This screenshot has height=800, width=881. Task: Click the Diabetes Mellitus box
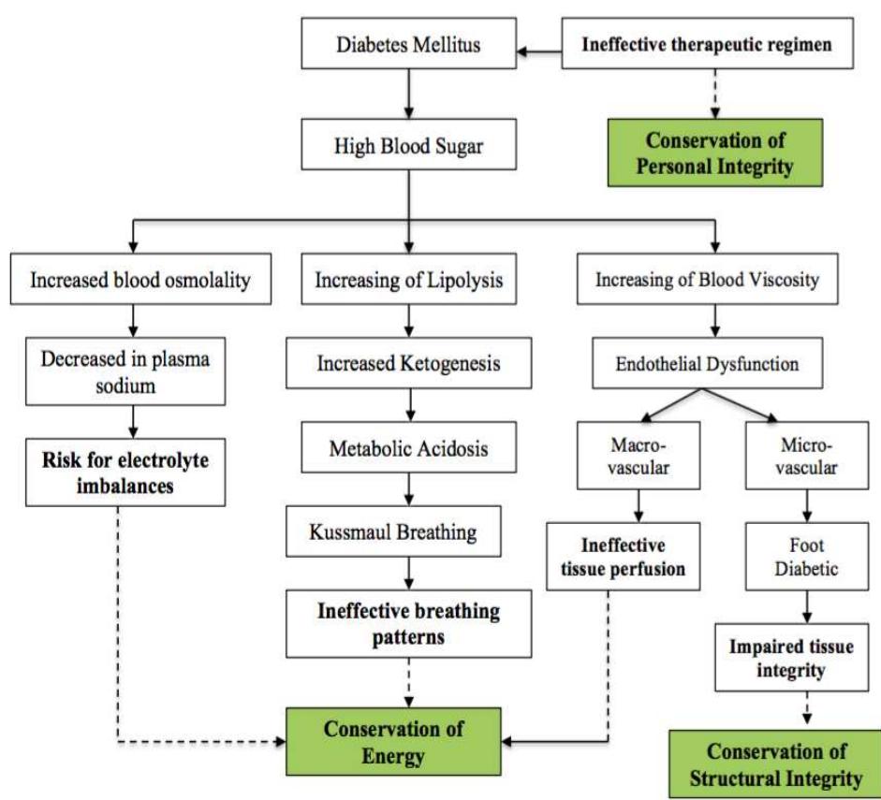coord(407,44)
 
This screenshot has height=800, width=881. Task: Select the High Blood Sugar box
coord(407,144)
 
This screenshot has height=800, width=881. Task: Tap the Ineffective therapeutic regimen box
coord(707,44)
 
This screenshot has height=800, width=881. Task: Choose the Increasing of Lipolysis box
coord(407,280)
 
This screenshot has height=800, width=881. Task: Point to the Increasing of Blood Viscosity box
coord(707,280)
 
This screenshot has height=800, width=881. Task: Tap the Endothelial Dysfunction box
coord(707,362)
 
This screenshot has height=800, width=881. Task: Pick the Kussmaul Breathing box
coord(392,532)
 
